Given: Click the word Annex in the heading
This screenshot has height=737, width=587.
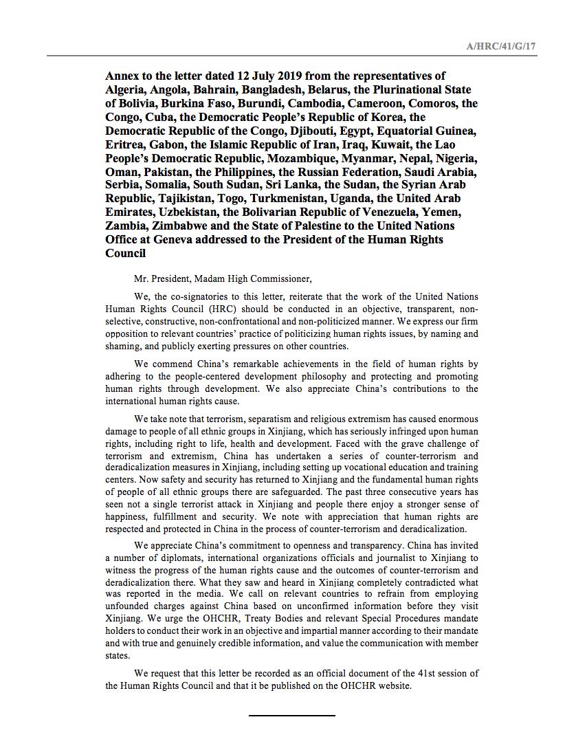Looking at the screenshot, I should click(x=122, y=76).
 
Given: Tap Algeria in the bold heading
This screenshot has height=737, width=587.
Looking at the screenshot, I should click(x=126, y=89).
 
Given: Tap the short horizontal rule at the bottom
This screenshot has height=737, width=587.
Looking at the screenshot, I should click(x=291, y=715).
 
